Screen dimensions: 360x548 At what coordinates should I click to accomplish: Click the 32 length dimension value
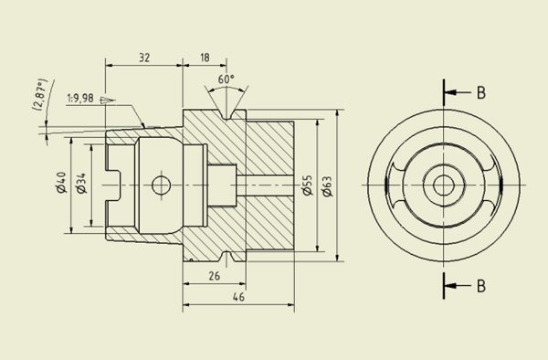(x=144, y=57)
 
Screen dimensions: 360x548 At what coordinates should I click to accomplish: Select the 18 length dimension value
(x=204, y=57)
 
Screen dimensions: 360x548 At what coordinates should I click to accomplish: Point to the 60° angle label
(x=226, y=79)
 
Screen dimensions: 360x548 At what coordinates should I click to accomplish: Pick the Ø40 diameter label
(x=61, y=184)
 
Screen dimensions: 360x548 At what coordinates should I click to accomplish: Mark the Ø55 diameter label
(x=308, y=186)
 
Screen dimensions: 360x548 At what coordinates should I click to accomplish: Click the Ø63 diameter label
(x=326, y=186)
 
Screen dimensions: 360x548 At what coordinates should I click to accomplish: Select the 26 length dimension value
(x=213, y=275)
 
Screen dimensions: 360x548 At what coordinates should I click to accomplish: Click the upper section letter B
(x=480, y=92)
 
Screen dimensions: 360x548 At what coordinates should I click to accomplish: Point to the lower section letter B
(x=480, y=286)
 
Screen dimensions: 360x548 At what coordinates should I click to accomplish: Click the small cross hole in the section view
(x=163, y=185)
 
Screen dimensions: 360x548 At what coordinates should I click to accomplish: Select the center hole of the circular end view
(x=444, y=185)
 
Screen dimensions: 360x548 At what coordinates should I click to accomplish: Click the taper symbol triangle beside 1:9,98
(x=107, y=99)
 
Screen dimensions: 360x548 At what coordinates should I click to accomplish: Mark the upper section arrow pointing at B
(x=455, y=92)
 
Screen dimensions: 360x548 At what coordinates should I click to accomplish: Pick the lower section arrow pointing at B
(x=455, y=286)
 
